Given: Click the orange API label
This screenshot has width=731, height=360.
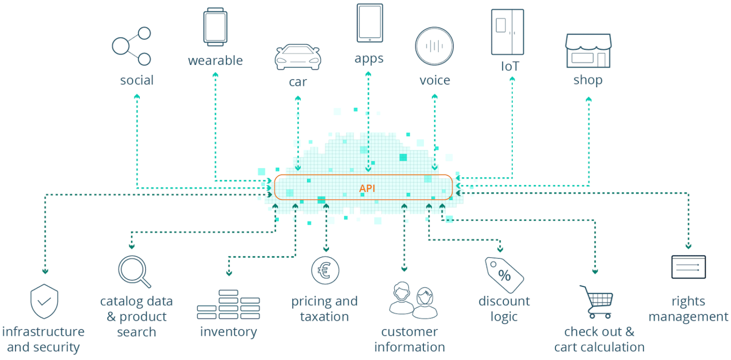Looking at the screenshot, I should pyautogui.click(x=367, y=188).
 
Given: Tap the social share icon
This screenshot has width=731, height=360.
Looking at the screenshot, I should pyautogui.click(x=132, y=46).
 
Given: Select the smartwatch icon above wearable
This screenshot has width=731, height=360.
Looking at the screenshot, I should pyautogui.click(x=215, y=27).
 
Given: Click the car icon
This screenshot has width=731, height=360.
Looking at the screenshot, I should pyautogui.click(x=297, y=57).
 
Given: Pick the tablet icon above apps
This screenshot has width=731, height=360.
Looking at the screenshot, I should pyautogui.click(x=369, y=23).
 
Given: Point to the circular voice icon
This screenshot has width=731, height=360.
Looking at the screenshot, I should pyautogui.click(x=434, y=46).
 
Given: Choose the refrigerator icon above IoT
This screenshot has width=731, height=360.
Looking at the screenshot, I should pyautogui.click(x=507, y=32).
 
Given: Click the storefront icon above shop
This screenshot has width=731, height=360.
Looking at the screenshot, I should pyautogui.click(x=588, y=51).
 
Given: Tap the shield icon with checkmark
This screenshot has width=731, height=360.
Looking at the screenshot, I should pyautogui.click(x=44, y=301).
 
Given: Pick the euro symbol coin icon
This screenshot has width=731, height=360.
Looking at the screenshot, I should pyautogui.click(x=325, y=270).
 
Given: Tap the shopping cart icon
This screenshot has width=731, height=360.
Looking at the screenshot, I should pyautogui.click(x=596, y=301).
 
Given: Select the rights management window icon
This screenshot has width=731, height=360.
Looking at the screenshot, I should pyautogui.click(x=688, y=267).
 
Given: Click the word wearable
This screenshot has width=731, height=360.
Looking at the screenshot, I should pyautogui.click(x=215, y=61).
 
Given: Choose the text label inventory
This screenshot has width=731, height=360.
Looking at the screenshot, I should pyautogui.click(x=228, y=332).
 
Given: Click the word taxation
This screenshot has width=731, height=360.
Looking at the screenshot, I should pyautogui.click(x=324, y=317).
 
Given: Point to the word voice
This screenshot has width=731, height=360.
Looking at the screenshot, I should pyautogui.click(x=435, y=80).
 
